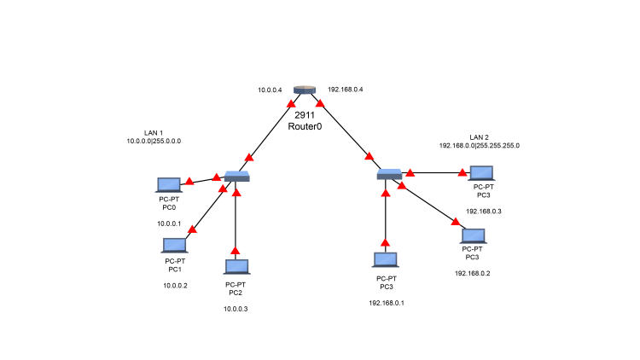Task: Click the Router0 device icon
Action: [305, 90]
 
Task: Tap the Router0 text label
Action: [305, 125]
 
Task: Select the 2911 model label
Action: [305, 114]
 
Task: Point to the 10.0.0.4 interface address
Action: [270, 90]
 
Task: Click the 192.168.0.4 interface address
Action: [346, 90]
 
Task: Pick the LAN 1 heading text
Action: [154, 132]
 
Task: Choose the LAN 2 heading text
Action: [480, 137]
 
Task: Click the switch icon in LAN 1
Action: [237, 176]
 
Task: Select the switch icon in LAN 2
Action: [390, 174]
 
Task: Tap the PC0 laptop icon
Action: [169, 184]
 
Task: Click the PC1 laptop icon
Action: [174, 246]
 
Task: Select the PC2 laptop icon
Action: [236, 267]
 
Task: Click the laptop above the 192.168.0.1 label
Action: [385, 259]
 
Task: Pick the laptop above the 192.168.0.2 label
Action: [473, 235]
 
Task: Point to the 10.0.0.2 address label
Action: [175, 286]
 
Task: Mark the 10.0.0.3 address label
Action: [236, 308]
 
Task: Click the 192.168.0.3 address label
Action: [483, 211]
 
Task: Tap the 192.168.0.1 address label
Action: [386, 303]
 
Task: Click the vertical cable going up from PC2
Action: [236, 222]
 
